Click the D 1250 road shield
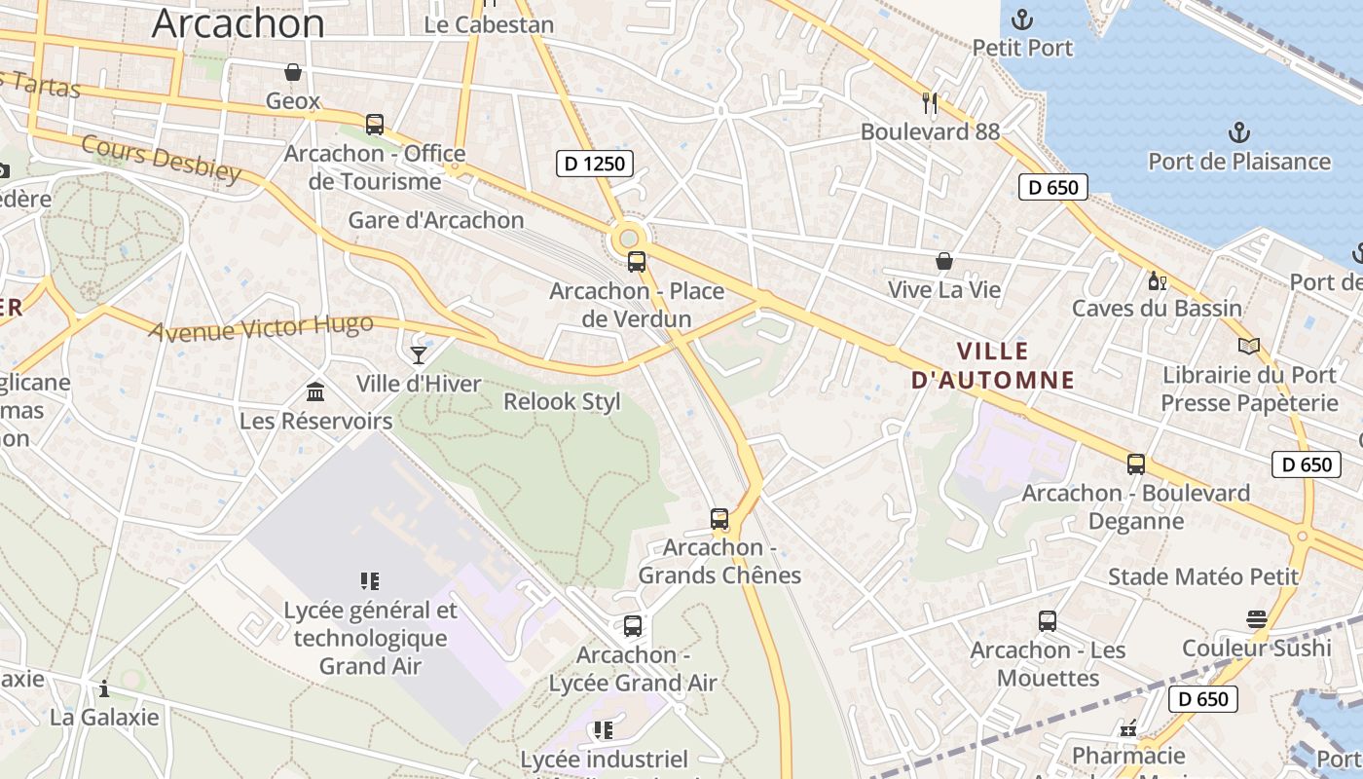point(595,164)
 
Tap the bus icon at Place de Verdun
point(637,261)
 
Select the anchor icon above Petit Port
point(1022,19)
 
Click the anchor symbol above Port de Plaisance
point(1238,132)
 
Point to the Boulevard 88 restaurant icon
point(930,102)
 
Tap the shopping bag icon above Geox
point(292,72)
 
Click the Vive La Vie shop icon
point(943,261)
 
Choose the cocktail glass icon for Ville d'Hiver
point(419,354)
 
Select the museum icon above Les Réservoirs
point(315,391)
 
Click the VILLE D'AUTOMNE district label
point(993,365)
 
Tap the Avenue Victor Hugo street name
point(260,327)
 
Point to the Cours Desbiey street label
point(161,159)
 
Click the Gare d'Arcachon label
point(436,220)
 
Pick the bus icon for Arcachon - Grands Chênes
point(719,518)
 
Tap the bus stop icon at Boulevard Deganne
point(1136,464)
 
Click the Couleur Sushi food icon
point(1256,619)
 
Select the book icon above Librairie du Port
point(1249,346)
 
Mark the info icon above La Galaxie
point(104,689)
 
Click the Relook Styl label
point(562,402)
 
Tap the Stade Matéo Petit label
point(1203,576)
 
